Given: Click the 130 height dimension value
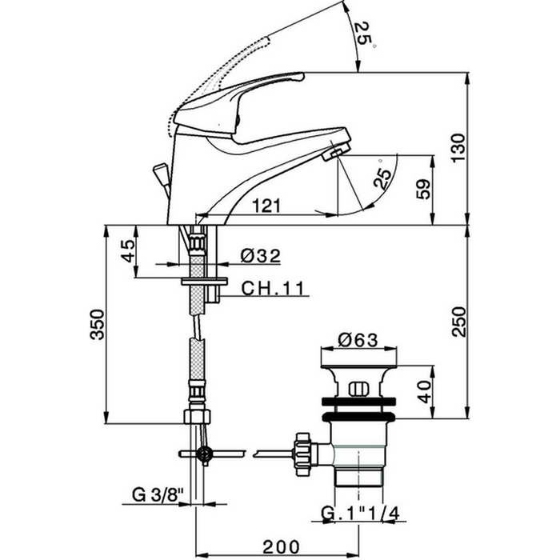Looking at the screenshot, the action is [458, 147].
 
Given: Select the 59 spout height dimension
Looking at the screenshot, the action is [424, 190].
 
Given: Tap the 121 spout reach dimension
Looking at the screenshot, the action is [266, 206].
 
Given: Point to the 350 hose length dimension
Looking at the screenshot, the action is [97, 324].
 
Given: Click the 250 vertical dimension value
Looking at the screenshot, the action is [458, 322].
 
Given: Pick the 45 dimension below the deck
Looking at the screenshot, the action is [128, 250].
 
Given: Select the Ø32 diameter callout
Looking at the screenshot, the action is [260, 256].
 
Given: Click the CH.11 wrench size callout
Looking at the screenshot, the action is [273, 288].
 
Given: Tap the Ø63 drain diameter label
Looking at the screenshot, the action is [358, 340].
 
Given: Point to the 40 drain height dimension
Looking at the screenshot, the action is [424, 392].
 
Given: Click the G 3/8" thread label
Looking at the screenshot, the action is [158, 495].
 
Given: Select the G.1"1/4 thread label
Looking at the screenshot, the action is [360, 514].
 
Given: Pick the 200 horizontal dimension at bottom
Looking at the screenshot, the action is [282, 546].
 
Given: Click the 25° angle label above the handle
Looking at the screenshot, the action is [363, 35].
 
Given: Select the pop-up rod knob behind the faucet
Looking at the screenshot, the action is [161, 174].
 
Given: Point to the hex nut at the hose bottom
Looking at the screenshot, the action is [197, 417].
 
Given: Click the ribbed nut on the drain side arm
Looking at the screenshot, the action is [302, 454].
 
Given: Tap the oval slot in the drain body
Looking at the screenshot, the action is [358, 389].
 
